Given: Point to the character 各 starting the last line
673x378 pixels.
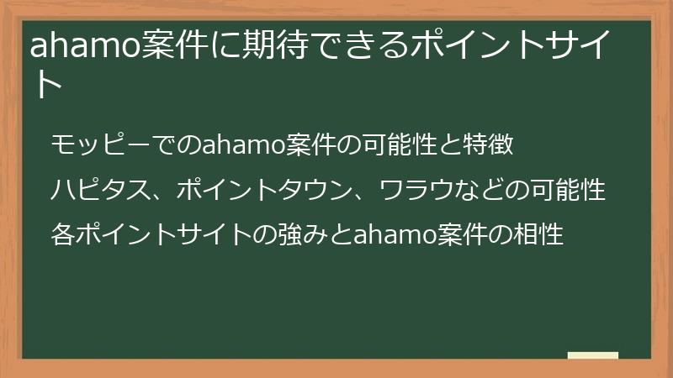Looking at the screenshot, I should [x=64, y=234].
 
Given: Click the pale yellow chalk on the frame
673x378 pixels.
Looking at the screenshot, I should [x=593, y=355].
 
